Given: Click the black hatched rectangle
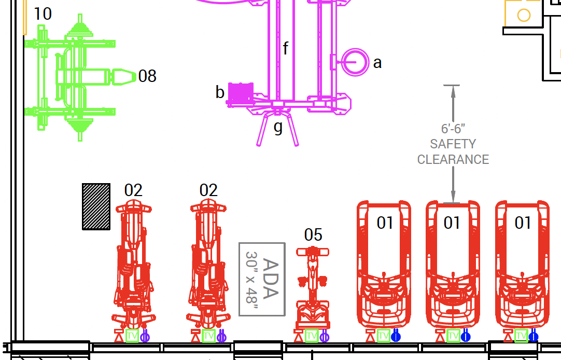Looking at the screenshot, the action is click(96, 206).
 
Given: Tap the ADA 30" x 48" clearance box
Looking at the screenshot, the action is click(262, 280).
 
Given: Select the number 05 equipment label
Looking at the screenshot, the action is click(313, 235).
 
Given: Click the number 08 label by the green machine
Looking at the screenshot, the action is click(147, 76).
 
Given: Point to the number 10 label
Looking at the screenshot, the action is click(43, 14).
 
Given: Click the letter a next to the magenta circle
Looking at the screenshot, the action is click(377, 63).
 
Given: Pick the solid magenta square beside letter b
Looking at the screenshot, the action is click(241, 92).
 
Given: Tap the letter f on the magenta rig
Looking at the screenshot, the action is click(286, 48).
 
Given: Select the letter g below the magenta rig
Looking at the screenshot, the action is click(278, 128).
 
